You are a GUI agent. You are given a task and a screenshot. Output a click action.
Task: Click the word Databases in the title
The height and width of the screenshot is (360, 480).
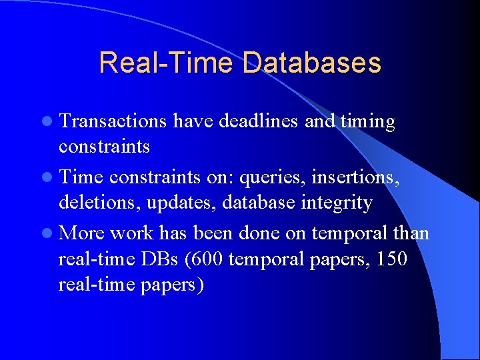[312, 63]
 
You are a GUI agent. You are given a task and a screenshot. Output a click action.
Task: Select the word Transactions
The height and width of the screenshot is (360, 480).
[113, 122]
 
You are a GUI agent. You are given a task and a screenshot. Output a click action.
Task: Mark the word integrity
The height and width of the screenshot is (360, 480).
[334, 203]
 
